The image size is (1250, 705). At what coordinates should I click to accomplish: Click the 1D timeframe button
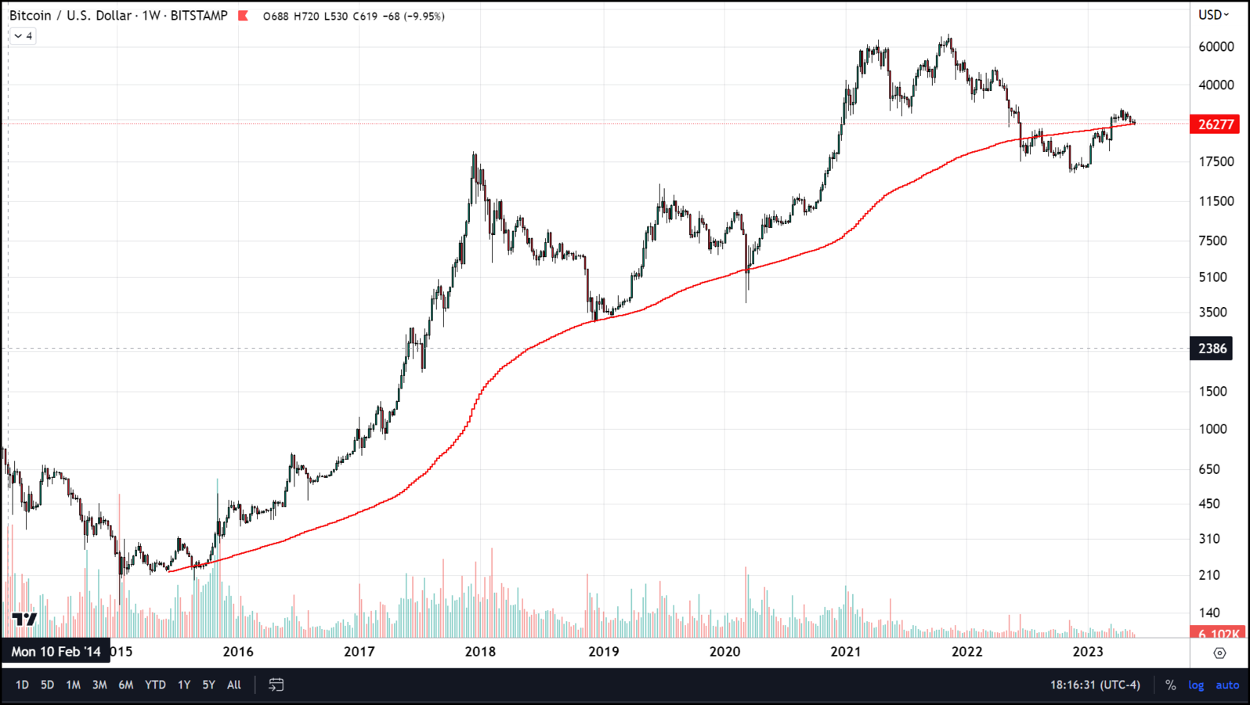point(22,685)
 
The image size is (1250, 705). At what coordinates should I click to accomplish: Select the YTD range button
point(155,685)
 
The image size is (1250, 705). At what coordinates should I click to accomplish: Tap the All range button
point(233,685)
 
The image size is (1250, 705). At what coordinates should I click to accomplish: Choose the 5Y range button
point(208,685)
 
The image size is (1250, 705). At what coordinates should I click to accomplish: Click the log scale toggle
point(1196,685)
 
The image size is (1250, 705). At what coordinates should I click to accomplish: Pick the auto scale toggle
point(1227,685)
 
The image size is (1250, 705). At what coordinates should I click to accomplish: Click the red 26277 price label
point(1216,124)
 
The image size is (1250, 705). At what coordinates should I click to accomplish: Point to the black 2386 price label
point(1212,349)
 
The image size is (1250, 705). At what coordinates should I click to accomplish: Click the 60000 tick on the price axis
point(1216,47)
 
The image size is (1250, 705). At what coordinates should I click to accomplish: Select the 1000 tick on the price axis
point(1212,429)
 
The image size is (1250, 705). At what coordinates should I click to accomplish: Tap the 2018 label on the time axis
point(480,652)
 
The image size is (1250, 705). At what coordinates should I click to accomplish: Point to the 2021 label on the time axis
point(846,652)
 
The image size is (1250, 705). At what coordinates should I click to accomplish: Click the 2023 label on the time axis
point(1088,652)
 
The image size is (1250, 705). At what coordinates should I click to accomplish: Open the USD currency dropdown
point(1213,15)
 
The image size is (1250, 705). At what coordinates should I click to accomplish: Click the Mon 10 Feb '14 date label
point(56,652)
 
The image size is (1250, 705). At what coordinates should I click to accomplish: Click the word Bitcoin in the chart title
point(30,16)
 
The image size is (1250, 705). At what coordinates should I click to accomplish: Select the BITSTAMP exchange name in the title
point(199,16)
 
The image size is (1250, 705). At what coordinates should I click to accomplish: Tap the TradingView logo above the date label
point(24,620)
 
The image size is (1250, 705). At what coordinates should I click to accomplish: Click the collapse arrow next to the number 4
point(18,36)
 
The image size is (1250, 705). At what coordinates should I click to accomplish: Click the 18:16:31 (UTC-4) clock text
point(1095,685)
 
